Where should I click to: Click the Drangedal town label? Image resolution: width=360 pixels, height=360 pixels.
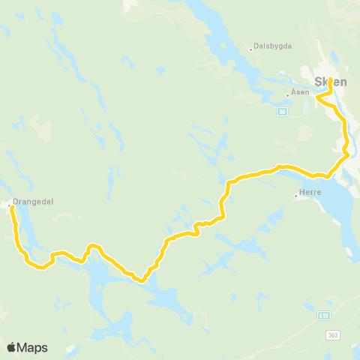click(33, 201)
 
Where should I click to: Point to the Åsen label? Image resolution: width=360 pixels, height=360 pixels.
click(298, 94)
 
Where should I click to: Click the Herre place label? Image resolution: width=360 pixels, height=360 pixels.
click(310, 193)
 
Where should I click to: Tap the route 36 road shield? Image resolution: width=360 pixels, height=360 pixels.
click(282, 112)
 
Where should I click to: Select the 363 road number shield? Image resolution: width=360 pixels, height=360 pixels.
click(332, 336)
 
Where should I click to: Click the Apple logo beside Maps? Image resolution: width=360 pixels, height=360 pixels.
click(12, 347)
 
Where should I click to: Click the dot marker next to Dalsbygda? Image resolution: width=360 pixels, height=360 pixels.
click(250, 50)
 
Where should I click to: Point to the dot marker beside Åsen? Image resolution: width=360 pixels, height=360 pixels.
click(287, 95)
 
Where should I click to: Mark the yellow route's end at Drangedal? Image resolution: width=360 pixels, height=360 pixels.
click(12, 207)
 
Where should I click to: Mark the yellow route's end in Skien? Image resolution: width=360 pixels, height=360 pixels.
click(330, 79)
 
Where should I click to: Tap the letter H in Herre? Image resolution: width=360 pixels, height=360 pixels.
click(301, 193)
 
